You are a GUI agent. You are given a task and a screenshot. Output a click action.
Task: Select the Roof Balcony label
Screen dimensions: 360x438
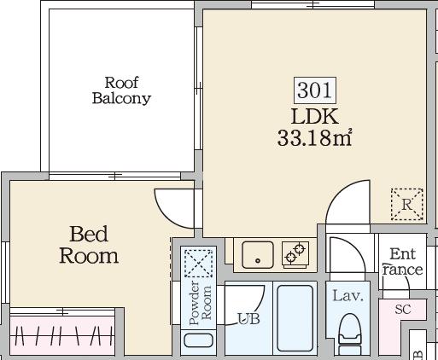click(121, 90)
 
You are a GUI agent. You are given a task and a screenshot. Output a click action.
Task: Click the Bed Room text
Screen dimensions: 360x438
click(88, 244)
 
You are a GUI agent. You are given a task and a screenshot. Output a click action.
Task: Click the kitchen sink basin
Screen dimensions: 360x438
click(255, 253)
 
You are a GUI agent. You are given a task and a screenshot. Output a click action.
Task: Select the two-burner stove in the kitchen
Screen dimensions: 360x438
click(295, 253)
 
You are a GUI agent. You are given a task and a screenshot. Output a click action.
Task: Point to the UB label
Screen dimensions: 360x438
click(248, 319)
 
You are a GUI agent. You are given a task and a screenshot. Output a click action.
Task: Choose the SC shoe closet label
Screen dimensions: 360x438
click(403, 310)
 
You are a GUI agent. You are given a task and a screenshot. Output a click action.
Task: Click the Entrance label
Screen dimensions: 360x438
click(402, 262)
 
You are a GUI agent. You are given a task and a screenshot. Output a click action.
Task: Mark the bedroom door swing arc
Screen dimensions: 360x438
click(173, 202)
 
